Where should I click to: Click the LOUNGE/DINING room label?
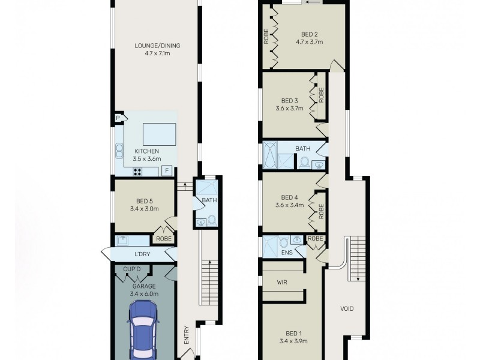[x=158, y=46]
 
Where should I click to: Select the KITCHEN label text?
[x=146, y=151]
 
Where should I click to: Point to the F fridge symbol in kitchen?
[x=168, y=170]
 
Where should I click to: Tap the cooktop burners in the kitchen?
[x=137, y=171]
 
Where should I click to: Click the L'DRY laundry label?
[x=142, y=255]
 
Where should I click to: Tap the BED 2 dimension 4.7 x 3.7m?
[x=310, y=42]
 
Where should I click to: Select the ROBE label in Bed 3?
[x=322, y=95]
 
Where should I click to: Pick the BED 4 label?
[x=289, y=197]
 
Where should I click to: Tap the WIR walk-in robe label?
[x=283, y=281]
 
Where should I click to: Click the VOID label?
[x=347, y=309]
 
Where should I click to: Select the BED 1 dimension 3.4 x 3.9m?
[x=293, y=341]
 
